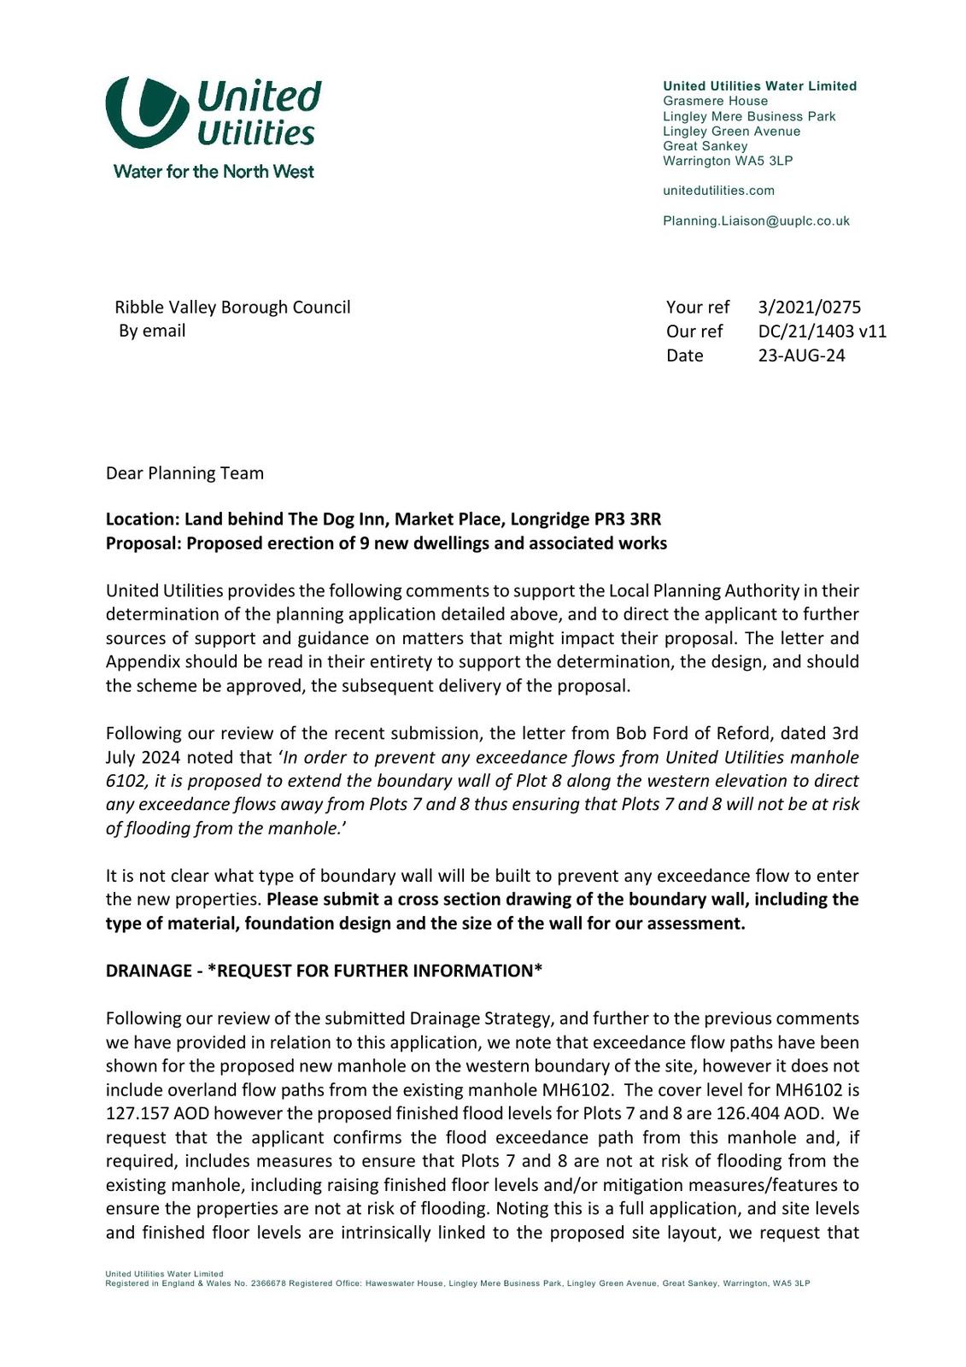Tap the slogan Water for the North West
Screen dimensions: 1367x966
(214, 172)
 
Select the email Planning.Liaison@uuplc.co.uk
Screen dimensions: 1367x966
(756, 221)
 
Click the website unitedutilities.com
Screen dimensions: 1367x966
(718, 191)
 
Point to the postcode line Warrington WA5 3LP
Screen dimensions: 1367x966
(728, 161)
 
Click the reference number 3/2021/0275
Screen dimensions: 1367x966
(809, 308)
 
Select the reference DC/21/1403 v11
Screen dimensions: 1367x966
(822, 331)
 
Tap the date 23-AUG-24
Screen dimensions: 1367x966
(801, 355)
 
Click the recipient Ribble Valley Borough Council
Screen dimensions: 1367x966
(232, 308)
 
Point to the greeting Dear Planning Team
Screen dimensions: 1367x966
(184, 473)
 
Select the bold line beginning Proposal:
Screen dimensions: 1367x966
(386, 543)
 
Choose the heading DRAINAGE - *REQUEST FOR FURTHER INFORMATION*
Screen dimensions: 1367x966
(324, 971)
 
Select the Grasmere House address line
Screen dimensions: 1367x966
(715, 101)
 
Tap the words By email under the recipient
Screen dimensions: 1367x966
(152, 331)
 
